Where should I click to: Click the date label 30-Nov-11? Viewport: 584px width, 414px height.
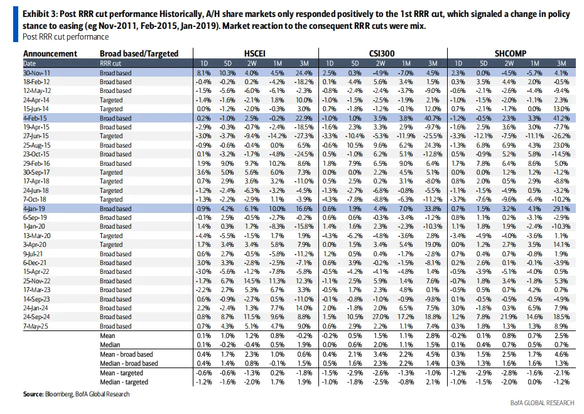click(x=37, y=72)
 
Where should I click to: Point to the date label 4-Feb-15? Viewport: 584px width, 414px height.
click(x=35, y=118)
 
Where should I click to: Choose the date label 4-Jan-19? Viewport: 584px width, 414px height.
click(x=35, y=209)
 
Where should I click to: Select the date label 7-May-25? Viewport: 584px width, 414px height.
click(x=36, y=327)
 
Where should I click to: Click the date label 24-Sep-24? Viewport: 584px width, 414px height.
click(x=38, y=318)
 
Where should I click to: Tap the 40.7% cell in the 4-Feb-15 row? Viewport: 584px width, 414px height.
click(x=431, y=118)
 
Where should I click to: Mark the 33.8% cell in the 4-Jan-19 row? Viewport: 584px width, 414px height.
click(x=431, y=209)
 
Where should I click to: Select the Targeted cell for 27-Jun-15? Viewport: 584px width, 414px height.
click(x=111, y=136)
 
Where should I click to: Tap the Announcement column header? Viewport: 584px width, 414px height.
click(x=50, y=54)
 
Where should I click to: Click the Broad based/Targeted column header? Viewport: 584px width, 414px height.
click(x=139, y=54)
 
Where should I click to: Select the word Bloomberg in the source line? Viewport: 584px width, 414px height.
click(x=58, y=395)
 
